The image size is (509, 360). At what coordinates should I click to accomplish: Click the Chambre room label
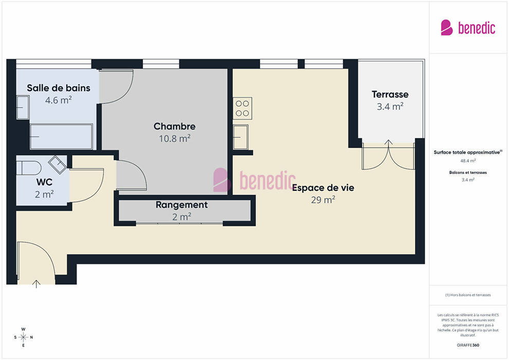174,127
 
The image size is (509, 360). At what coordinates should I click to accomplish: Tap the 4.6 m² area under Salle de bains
59,100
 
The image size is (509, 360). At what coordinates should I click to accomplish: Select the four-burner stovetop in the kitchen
243,108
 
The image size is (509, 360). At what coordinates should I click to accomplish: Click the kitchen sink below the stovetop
241,137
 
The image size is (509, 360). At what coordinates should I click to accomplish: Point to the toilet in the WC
29,168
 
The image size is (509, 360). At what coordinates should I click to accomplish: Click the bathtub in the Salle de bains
61,136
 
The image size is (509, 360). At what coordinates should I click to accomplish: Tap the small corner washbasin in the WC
58,165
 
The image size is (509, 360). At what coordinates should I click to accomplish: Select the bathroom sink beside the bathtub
23,107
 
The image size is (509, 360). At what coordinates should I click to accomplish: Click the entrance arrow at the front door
37,284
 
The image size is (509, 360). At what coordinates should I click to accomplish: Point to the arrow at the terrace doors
389,142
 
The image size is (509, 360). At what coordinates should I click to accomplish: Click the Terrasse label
390,95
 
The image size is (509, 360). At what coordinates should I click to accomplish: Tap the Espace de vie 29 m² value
323,200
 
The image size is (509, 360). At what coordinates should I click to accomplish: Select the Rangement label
181,205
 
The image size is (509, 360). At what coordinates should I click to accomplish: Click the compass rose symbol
23,337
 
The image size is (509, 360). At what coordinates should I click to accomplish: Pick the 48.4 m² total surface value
468,160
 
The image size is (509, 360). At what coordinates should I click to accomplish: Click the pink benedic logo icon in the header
447,28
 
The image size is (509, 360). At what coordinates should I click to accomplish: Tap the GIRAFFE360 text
468,345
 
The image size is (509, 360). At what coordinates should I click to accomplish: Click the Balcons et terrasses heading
468,173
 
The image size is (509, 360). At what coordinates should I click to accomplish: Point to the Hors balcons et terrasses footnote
468,295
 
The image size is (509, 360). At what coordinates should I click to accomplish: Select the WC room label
44,182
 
